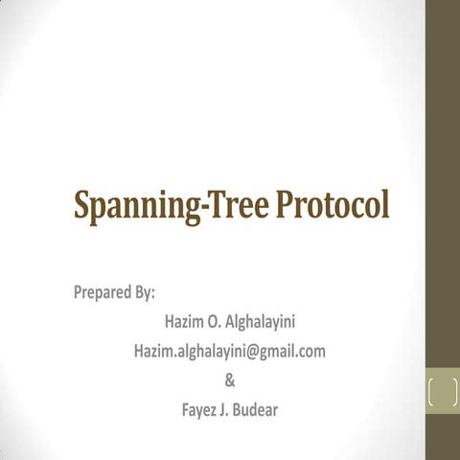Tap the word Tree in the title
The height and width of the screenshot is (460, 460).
(237, 206)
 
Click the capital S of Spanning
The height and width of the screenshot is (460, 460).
(84, 206)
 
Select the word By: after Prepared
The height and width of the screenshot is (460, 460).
(146, 291)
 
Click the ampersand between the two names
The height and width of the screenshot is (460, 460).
(229, 381)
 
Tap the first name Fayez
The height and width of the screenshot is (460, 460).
(200, 412)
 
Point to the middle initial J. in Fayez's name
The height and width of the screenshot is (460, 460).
(229, 412)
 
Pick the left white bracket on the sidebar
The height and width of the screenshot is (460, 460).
(433, 394)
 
